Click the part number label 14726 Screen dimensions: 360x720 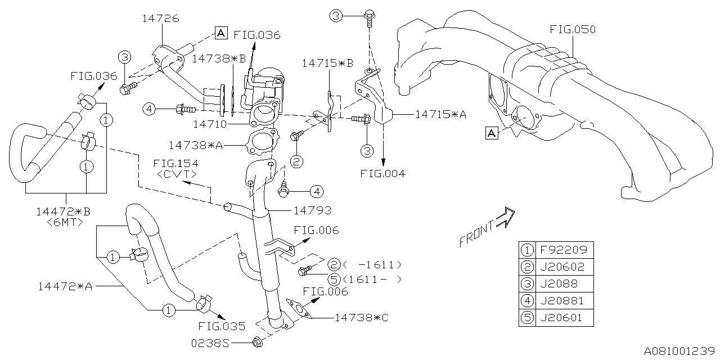(x=160, y=19)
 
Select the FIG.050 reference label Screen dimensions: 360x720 (x=573, y=29)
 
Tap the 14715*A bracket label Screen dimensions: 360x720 (x=440, y=114)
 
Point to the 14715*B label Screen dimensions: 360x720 (x=327, y=63)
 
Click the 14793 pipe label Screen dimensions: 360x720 (x=312, y=210)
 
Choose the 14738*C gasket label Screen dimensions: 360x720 (x=361, y=317)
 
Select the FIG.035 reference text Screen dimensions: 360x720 (x=222, y=326)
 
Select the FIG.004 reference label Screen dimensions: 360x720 (x=383, y=173)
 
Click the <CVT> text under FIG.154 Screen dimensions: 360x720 (x=173, y=174)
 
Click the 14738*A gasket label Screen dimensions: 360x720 (x=195, y=145)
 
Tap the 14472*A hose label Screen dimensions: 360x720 (x=65, y=286)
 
